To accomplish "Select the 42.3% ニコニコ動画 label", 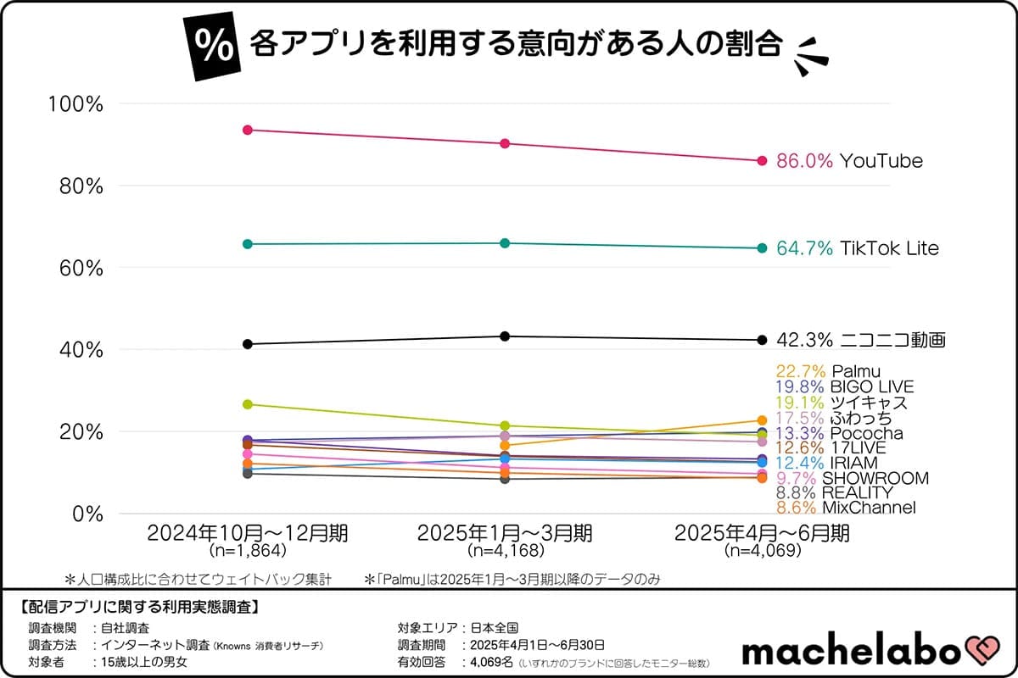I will (860, 341).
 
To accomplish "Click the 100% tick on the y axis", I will (76, 104).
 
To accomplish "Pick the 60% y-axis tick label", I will (80, 268).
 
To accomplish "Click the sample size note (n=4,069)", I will (762, 551).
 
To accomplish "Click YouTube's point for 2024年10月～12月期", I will (248, 130).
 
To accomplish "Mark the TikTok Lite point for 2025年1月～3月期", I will (505, 243).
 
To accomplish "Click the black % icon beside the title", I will (216, 48).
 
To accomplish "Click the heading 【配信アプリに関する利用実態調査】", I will (138, 607).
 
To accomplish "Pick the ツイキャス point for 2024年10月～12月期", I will (248, 404).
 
